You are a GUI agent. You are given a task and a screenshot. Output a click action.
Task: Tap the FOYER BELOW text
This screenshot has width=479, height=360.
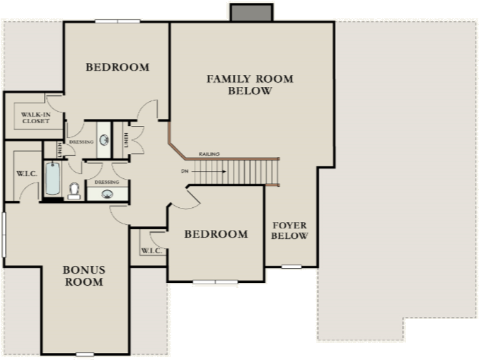click(289, 231)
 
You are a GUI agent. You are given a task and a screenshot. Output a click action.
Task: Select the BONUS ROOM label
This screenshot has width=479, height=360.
click(83, 275)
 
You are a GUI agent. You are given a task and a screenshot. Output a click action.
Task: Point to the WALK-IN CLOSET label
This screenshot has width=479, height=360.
click(35, 117)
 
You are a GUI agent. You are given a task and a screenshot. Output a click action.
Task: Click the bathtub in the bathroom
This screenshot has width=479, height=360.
click(52, 178)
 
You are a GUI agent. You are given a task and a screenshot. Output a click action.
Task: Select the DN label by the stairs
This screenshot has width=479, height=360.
click(185, 171)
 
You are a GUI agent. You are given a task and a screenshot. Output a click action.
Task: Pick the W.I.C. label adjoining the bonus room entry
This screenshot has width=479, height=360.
click(151, 250)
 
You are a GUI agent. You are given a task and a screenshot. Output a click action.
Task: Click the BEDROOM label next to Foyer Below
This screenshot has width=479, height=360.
click(216, 234)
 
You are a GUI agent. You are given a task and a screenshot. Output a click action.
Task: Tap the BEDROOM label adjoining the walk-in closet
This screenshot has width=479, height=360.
click(117, 67)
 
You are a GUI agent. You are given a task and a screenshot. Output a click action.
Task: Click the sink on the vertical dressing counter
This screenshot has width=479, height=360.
click(104, 139)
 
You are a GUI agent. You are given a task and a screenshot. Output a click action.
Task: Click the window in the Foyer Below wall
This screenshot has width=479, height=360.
click(291, 267)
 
